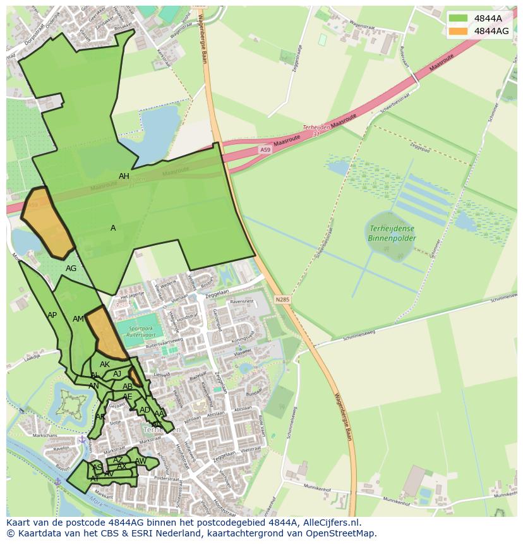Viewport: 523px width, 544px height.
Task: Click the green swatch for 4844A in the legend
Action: [x=458, y=18]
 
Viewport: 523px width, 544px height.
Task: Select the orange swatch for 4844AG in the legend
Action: [x=458, y=31]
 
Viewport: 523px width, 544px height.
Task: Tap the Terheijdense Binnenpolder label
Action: [x=392, y=233]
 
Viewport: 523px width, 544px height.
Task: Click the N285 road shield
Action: [x=282, y=299]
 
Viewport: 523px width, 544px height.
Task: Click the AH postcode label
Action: [x=124, y=176]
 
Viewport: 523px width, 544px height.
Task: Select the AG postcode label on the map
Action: [x=71, y=269]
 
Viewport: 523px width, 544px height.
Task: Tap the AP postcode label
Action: [x=52, y=315]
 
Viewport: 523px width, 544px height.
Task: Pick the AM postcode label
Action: [x=78, y=319]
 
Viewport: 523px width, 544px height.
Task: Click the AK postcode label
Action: [x=105, y=365]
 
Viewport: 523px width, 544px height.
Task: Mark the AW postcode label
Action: [x=140, y=461]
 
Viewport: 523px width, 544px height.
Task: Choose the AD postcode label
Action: [x=145, y=410]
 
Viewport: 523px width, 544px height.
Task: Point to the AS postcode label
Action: [x=97, y=468]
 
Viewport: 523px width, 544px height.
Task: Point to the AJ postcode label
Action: [x=117, y=374]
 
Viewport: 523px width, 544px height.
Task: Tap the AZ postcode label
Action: [x=118, y=460]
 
